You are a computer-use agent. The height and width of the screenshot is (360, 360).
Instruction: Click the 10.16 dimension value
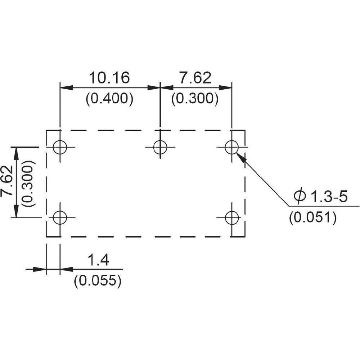tap(109, 78)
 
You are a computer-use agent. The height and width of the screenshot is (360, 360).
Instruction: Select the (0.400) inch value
tap(109, 99)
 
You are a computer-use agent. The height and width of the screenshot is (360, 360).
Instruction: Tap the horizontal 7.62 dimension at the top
tap(195, 78)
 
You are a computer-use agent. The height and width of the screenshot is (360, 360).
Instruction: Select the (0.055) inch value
tap(98, 280)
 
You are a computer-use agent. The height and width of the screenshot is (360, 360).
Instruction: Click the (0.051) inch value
tap(313, 218)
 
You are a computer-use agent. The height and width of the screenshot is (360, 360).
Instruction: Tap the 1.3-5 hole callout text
tap(329, 197)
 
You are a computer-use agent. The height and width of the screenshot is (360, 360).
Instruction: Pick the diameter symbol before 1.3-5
tap(300, 197)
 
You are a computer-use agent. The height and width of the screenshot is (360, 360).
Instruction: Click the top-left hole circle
tap(60, 147)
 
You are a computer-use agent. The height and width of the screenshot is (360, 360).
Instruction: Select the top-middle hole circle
tap(160, 147)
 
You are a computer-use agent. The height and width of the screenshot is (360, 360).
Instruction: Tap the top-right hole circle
tap(231, 147)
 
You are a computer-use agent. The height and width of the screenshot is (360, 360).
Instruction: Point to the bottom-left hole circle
tap(60, 217)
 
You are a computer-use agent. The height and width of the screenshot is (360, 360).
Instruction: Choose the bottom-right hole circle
tap(231, 217)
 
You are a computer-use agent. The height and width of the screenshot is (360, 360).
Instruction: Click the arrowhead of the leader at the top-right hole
tap(240, 157)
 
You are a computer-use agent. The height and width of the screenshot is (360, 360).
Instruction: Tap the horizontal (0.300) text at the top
tap(195, 99)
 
